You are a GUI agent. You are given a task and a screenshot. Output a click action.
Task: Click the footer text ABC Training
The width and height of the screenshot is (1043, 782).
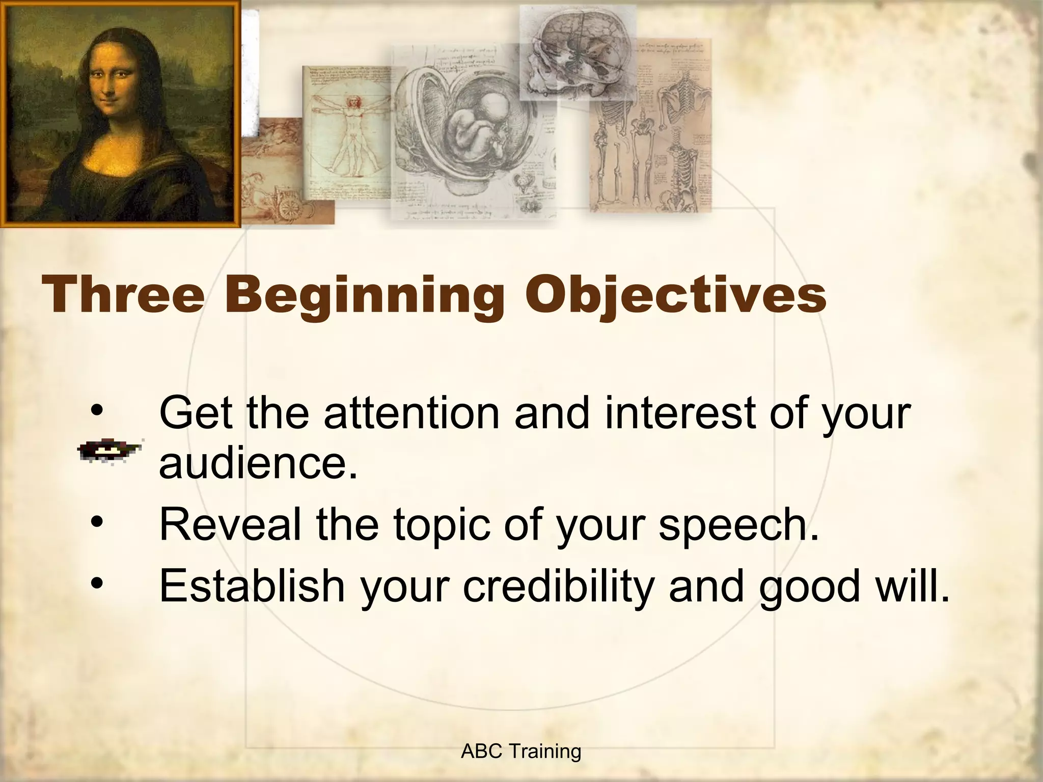(x=520, y=751)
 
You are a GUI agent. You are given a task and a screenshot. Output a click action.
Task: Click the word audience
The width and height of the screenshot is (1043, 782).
(x=258, y=464)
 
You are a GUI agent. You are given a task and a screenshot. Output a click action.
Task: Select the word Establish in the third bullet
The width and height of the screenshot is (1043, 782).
(x=252, y=585)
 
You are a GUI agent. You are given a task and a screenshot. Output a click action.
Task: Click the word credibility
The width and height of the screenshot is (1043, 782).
(x=558, y=585)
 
